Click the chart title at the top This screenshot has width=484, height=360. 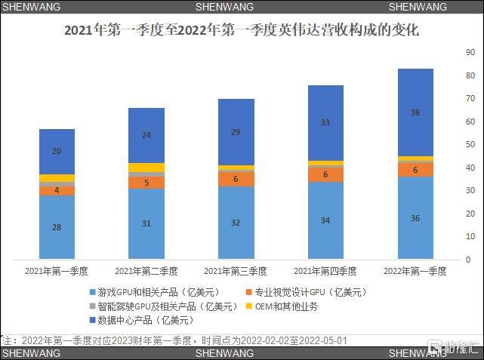pos(242,32)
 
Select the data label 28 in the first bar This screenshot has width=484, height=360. pos(57,227)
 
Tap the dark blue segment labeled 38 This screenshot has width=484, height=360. pos(416,112)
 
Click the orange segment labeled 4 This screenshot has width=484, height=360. pos(57,190)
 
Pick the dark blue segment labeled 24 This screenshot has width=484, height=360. pos(146,135)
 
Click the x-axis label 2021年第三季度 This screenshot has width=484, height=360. pos(236,271)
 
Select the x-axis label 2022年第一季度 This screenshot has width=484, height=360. pos(415,271)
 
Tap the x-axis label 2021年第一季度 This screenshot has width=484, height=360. pos(57,271)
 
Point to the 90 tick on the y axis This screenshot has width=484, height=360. pos(470,54)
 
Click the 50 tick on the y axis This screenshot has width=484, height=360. pos(470,144)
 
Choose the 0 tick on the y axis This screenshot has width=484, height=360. pos(468,260)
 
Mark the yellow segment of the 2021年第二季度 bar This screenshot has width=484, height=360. pos(146,168)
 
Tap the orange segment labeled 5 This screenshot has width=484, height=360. pos(146,183)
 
